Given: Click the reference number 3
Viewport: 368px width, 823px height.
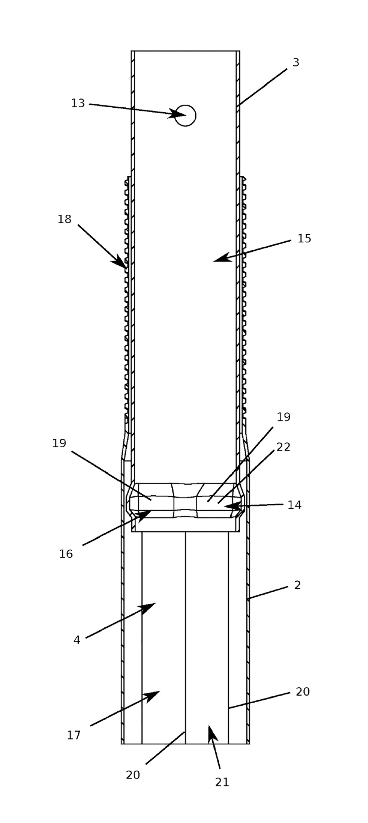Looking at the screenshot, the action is pyautogui.click(x=296, y=62).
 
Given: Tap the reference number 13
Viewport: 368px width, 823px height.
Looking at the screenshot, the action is pyautogui.click(x=78, y=103).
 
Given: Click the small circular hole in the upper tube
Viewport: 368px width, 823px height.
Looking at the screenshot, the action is pyautogui.click(x=185, y=115).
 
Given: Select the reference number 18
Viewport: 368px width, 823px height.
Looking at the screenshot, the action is pyautogui.click(x=64, y=219).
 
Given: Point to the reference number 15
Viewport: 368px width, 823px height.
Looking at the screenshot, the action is pyautogui.click(x=304, y=238).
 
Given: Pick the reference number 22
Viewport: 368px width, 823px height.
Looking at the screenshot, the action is pyautogui.click(x=283, y=447).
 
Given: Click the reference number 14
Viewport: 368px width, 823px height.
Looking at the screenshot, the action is pyautogui.click(x=294, y=505).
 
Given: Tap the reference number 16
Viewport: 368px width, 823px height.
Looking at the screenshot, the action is pyautogui.click(x=66, y=554).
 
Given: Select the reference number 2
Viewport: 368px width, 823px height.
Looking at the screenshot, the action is pyautogui.click(x=297, y=585).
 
